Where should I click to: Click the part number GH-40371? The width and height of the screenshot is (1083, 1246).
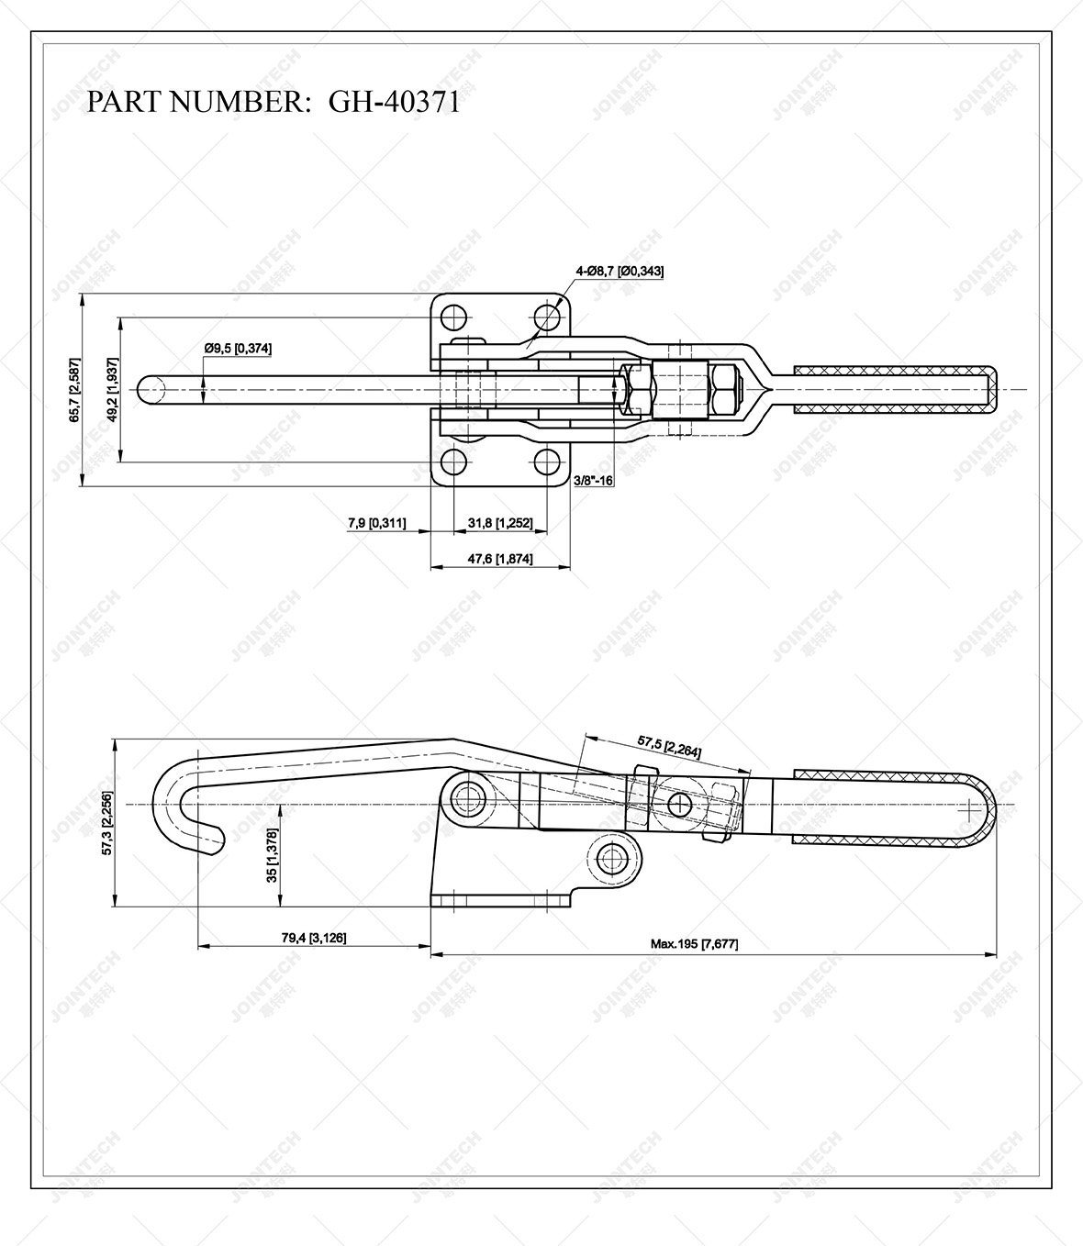(x=395, y=101)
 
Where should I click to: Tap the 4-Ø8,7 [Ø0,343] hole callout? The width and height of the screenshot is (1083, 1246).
(x=620, y=271)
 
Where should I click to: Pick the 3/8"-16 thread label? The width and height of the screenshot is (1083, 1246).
(x=594, y=480)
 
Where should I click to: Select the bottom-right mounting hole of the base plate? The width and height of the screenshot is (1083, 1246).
(x=548, y=461)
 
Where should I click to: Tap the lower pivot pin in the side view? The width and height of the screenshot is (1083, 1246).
(x=612, y=859)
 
